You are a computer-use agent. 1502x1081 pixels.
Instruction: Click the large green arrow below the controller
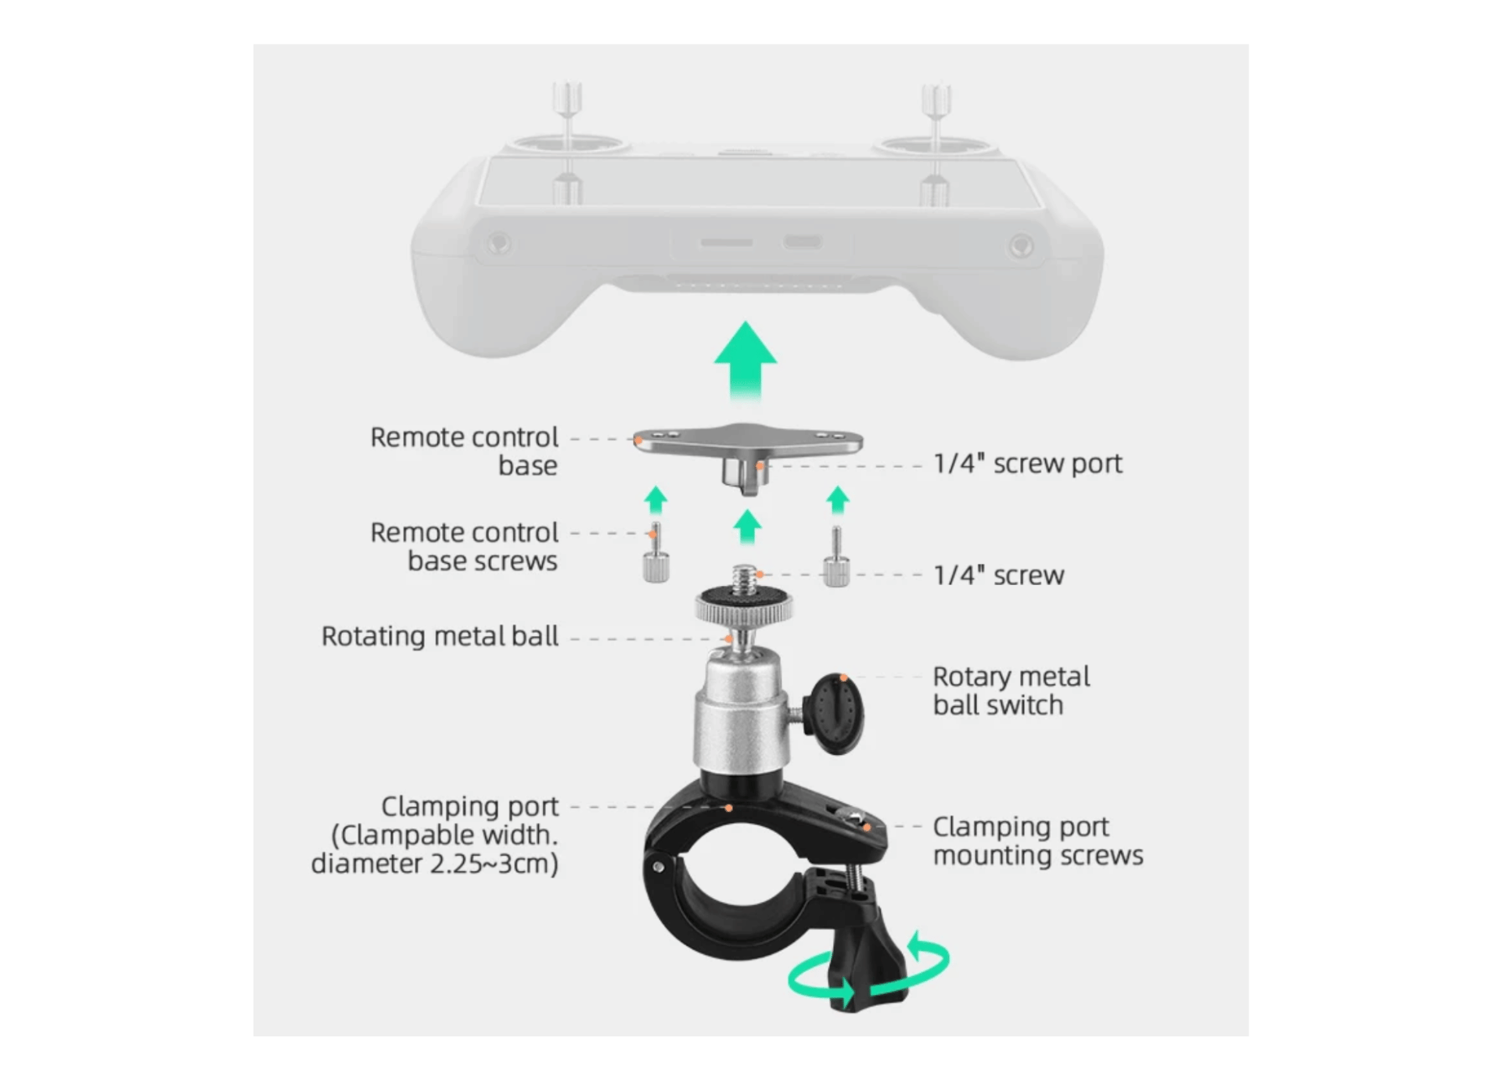(x=746, y=361)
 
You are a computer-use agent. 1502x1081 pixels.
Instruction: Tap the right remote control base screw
(x=836, y=556)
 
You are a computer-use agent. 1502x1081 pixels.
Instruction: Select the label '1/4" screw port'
(x=1027, y=464)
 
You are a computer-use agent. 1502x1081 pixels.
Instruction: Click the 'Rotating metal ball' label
(x=440, y=637)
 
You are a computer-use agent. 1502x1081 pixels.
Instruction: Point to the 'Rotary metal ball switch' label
(x=1011, y=691)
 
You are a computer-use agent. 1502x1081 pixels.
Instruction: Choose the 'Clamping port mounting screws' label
(x=1037, y=841)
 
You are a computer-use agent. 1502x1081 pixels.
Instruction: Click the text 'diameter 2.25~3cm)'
(x=434, y=864)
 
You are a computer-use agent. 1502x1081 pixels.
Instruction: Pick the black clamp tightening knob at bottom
(x=869, y=967)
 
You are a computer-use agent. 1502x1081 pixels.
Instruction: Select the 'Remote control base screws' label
(x=464, y=547)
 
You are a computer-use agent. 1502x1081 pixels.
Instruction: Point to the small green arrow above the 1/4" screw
(x=747, y=527)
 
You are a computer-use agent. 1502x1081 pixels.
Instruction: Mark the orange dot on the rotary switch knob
(x=843, y=677)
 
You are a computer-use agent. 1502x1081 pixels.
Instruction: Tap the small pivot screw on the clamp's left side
(x=659, y=867)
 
